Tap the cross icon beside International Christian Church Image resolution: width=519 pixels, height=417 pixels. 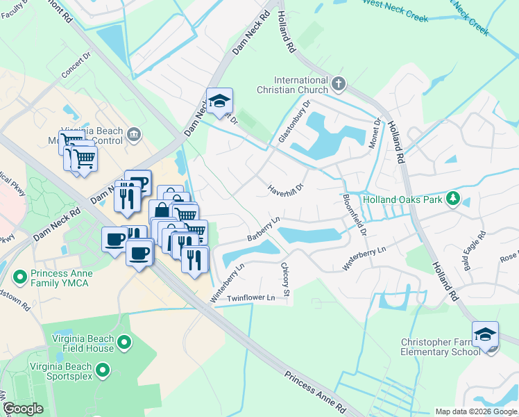[x=338, y=84]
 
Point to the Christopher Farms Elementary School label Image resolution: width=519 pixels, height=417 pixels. [x=441, y=347]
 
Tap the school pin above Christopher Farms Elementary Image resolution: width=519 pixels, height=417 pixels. [x=485, y=334]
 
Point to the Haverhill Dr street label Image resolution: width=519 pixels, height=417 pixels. [x=287, y=189]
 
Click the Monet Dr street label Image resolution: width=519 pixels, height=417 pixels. [x=378, y=131]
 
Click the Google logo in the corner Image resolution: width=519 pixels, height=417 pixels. [x=23, y=409]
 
